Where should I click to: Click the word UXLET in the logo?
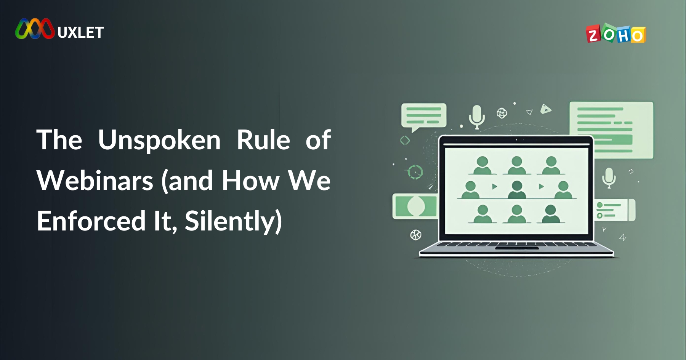tap(81, 32)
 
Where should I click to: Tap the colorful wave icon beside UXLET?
tap(35, 29)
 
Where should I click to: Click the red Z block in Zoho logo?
tap(593, 35)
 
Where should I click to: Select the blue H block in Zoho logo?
tap(623, 35)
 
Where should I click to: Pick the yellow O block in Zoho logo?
tap(638, 35)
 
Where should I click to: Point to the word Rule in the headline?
tap(263, 140)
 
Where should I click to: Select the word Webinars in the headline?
tap(95, 180)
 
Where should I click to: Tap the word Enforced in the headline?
tap(91, 221)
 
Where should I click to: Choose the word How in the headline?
tap(251, 180)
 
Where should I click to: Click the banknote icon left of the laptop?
tap(415, 206)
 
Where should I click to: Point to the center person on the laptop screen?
tap(517, 189)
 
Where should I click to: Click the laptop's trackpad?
tap(517, 248)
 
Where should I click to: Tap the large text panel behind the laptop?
tap(611, 130)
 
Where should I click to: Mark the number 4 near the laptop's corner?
tap(622, 237)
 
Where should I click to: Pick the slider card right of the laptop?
tap(615, 210)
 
